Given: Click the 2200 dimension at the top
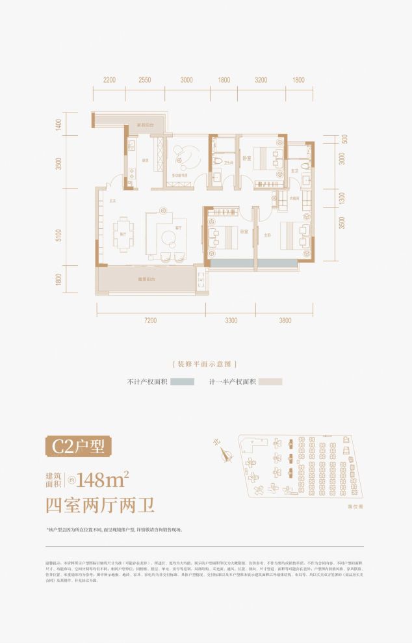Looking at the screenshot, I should point(109,80).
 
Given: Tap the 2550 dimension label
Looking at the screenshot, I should point(145,80).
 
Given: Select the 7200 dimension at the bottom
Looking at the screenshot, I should point(151,320).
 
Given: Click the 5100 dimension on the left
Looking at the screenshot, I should point(59,235).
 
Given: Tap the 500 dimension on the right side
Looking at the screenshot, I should point(344,138).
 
